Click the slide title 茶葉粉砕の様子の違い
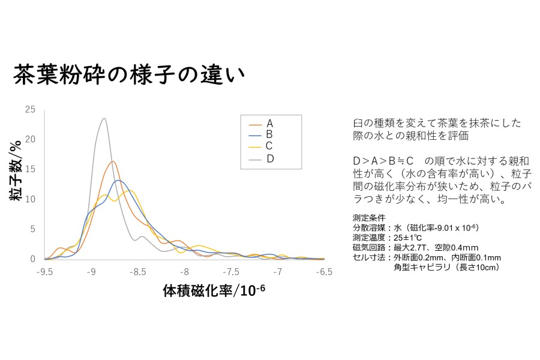tap(129, 74)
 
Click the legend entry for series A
tap(261, 124)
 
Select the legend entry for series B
tap(261, 134)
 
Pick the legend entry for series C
tap(261, 146)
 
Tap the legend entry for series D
tap(261, 159)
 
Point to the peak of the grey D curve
tap(104, 118)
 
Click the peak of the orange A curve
tap(113, 161)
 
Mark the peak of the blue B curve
tap(118, 180)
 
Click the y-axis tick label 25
tap(31, 109)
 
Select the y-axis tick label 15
tap(31, 169)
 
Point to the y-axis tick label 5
tap(33, 229)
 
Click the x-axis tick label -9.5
tap(44, 272)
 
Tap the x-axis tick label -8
tap(184, 272)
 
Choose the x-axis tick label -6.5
tap(324, 272)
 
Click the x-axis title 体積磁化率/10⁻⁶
tap(214, 290)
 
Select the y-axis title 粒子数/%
tap(16, 170)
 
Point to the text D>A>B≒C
tap(383, 161)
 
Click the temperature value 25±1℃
tap(407, 238)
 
